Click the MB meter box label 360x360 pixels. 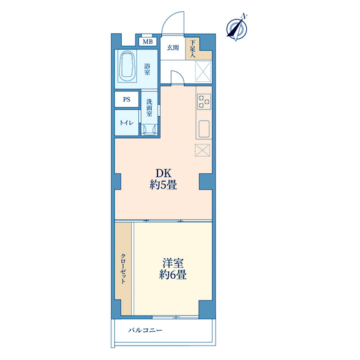[x=147, y=42]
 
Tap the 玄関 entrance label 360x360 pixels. [x=172, y=47]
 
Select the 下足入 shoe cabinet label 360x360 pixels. [x=192, y=49]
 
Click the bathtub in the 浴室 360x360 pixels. [x=127, y=66]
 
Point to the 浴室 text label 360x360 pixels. [x=147, y=69]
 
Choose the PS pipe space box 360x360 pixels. [x=127, y=99]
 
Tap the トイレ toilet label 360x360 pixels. [x=126, y=123]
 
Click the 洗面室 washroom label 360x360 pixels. [x=149, y=108]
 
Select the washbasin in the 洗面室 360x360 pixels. [x=149, y=129]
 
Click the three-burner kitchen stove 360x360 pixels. [x=204, y=101]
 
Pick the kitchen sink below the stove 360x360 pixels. [x=204, y=129]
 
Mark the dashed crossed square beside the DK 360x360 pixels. [x=202, y=151]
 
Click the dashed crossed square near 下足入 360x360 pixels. [x=203, y=71]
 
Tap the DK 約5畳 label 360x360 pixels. [x=164, y=179]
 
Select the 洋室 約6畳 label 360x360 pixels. [x=173, y=269]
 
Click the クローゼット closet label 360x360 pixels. [x=123, y=269]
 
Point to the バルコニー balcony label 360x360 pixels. [x=145, y=331]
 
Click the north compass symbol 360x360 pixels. [x=237, y=29]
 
